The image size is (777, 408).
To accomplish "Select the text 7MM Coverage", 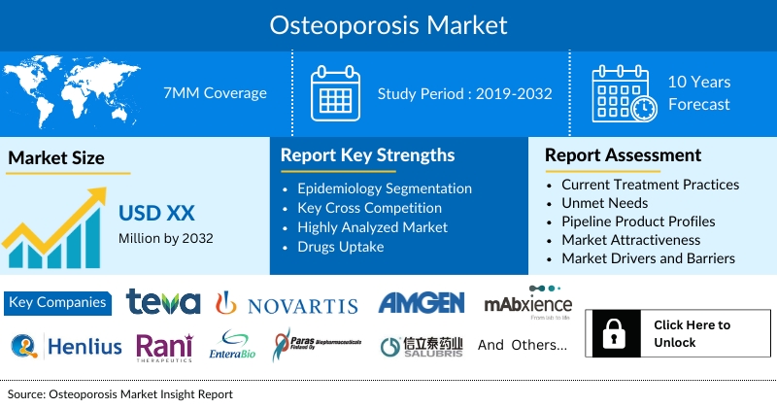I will pyautogui.click(x=216, y=93).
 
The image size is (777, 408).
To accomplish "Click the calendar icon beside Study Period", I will pyautogui.click(x=335, y=93).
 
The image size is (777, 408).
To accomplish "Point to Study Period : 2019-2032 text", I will pyautogui.click(x=464, y=93).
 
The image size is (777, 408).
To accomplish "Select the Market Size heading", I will pyautogui.click(x=56, y=157).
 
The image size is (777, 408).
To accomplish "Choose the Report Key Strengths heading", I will pyautogui.click(x=367, y=154).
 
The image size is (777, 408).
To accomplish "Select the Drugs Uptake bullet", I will pyautogui.click(x=341, y=247).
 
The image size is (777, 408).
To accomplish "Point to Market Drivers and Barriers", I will pyautogui.click(x=648, y=258).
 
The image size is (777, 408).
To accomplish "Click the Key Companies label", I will pyautogui.click(x=57, y=302).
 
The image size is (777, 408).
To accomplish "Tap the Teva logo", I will pyautogui.click(x=163, y=303).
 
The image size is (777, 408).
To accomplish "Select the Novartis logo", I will pyautogui.click(x=287, y=304).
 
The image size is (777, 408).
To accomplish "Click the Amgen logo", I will pyautogui.click(x=421, y=303).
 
